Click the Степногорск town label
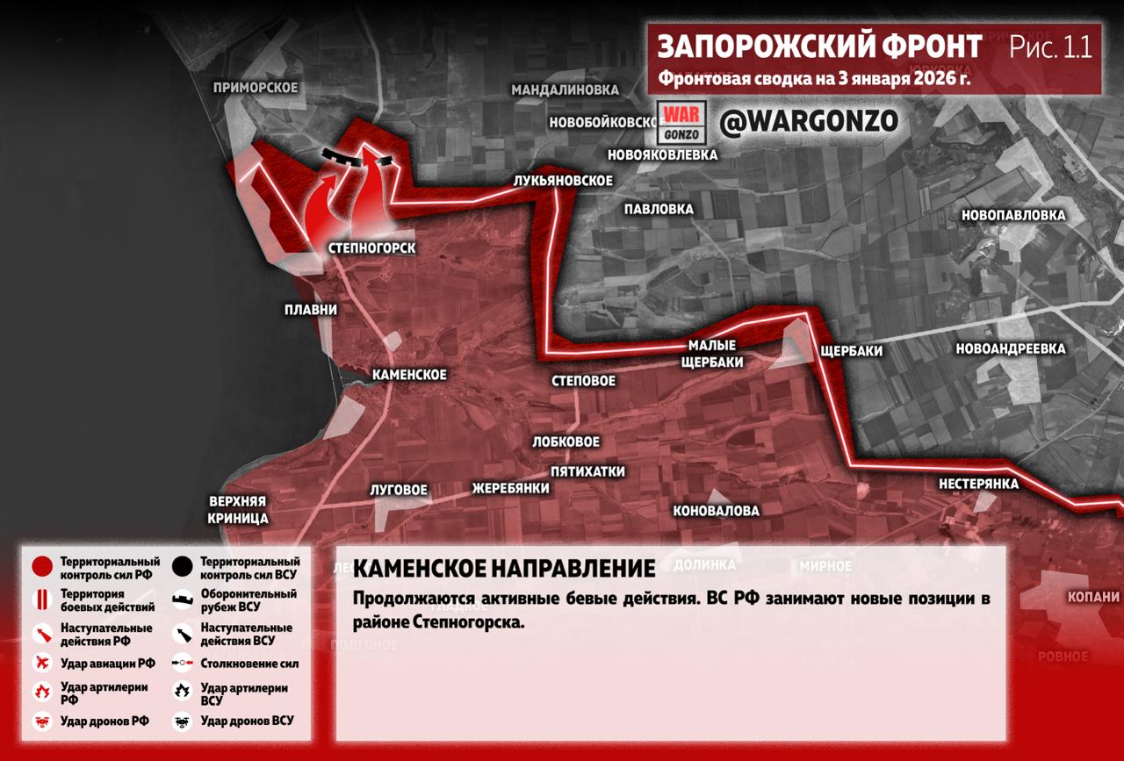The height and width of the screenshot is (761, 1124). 371,248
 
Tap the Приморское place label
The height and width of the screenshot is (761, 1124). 256,88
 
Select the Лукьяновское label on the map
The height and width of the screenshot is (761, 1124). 563,180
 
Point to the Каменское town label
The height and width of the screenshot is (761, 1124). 409,375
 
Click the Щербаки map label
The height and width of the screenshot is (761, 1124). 850,351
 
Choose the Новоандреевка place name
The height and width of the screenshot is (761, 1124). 1011,348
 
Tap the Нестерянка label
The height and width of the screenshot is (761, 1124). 978,484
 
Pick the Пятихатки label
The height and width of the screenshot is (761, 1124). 587,471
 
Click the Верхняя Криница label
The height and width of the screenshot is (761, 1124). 238,510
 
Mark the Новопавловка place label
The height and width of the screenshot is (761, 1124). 1013,215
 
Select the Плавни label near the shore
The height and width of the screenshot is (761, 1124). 311,310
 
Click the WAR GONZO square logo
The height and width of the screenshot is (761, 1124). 681,124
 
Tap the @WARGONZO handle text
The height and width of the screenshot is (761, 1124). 809,122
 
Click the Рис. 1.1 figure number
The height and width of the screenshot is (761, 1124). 1050,47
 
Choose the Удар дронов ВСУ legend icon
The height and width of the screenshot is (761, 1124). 183,722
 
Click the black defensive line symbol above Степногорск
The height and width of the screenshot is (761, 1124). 342,155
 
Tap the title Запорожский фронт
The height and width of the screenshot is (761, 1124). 820,47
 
